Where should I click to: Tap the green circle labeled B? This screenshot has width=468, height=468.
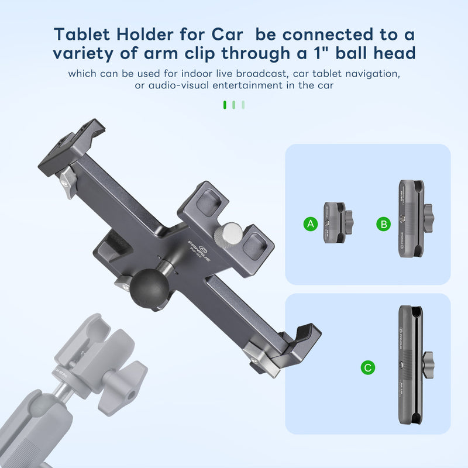pos(384,224)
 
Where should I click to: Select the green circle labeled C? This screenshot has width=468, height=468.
pos(367,367)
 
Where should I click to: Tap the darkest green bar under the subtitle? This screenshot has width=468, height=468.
pos(225,105)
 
